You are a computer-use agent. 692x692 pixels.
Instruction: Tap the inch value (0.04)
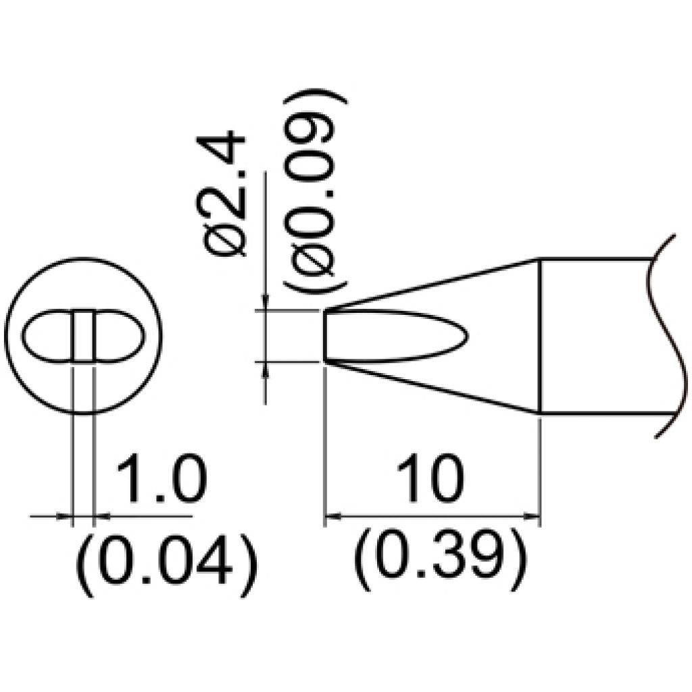click(x=166, y=566)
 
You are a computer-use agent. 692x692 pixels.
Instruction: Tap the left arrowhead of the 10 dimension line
click(x=332, y=515)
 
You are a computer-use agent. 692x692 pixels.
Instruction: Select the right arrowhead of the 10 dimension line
click(x=533, y=515)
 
